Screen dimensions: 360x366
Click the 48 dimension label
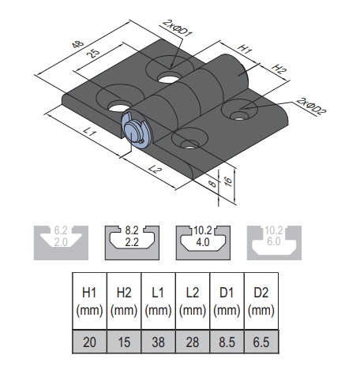point(78,44)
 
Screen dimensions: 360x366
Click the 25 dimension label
point(93,53)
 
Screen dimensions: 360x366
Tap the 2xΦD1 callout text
point(178,28)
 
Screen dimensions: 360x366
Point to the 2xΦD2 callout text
point(311,106)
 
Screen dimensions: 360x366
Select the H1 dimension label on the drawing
point(245,49)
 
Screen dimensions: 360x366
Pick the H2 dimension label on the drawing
point(279,69)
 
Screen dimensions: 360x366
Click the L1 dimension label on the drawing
point(90,131)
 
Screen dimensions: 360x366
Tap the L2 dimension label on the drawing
point(155,170)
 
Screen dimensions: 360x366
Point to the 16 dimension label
point(228,181)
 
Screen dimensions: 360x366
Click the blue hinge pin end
point(136,131)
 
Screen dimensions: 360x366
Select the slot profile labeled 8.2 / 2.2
point(132,243)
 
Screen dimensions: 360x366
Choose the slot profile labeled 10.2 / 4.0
point(203,243)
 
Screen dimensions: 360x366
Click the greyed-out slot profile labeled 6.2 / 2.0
point(61,243)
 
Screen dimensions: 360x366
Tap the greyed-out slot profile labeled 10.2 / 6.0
point(274,243)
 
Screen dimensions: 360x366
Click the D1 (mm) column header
point(227,301)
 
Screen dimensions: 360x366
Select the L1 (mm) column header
point(158,301)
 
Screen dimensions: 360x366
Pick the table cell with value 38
point(158,342)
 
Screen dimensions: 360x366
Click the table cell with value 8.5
point(227,342)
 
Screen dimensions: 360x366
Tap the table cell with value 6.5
point(261,342)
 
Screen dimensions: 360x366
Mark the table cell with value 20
point(89,342)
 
